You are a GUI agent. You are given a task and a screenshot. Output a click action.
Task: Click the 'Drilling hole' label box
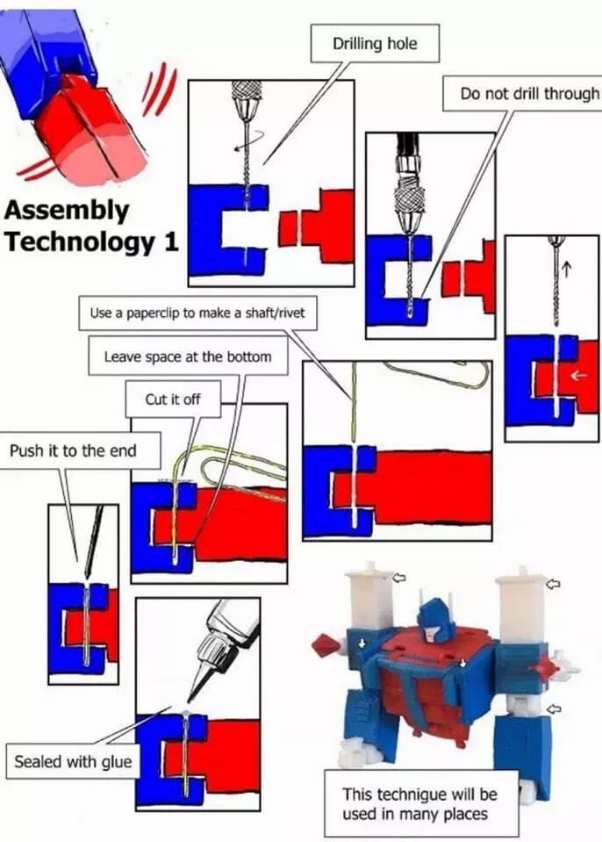pyautogui.click(x=374, y=43)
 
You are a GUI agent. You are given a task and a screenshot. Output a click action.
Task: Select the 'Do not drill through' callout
pyautogui.click(x=530, y=93)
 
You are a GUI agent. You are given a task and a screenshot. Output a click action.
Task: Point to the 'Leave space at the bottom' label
pyautogui.click(x=187, y=356)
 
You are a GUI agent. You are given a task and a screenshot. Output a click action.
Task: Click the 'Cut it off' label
pyautogui.click(x=173, y=399)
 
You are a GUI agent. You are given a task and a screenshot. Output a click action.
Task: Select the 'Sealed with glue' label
pyautogui.click(x=72, y=760)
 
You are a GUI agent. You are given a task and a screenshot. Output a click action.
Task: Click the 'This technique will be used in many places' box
pyautogui.click(x=419, y=803)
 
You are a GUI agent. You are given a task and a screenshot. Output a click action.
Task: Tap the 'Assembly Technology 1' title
pyautogui.click(x=91, y=227)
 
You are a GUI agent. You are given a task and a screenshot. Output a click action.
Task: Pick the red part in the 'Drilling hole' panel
pyautogui.click(x=320, y=226)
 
